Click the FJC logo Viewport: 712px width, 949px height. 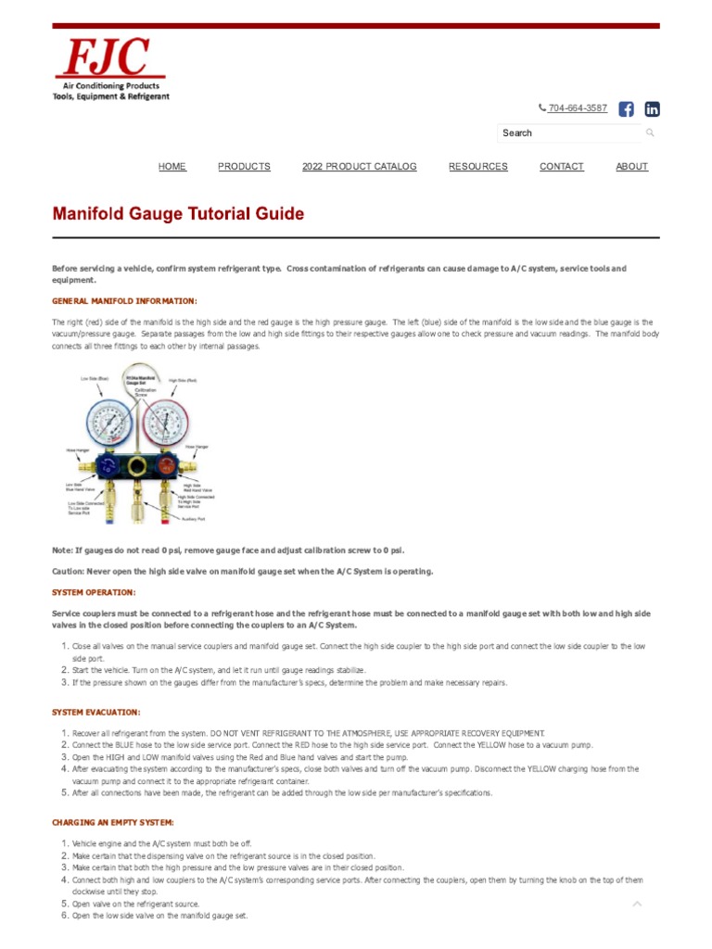tap(110, 70)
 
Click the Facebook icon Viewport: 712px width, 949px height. tap(626, 109)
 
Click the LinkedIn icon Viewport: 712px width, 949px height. tap(652, 109)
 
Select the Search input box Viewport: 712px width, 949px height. tap(567, 133)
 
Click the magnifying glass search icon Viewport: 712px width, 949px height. tap(650, 133)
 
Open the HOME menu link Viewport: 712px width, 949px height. tap(172, 167)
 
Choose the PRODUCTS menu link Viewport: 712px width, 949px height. tap(244, 167)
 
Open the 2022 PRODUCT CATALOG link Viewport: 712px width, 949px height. tap(359, 167)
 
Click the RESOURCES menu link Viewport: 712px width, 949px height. tap(477, 167)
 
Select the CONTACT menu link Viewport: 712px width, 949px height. tap(561, 167)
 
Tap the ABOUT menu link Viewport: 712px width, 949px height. tap(631, 167)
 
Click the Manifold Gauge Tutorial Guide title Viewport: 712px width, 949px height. tap(178, 214)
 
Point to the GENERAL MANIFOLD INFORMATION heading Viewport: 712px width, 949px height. tap(124, 301)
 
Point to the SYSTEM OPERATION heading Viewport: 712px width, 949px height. tap(94, 592)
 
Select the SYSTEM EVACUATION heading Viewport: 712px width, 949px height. tap(96, 712)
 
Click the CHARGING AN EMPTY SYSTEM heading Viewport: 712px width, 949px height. tap(112, 823)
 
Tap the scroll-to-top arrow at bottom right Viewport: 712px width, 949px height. tap(637, 903)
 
